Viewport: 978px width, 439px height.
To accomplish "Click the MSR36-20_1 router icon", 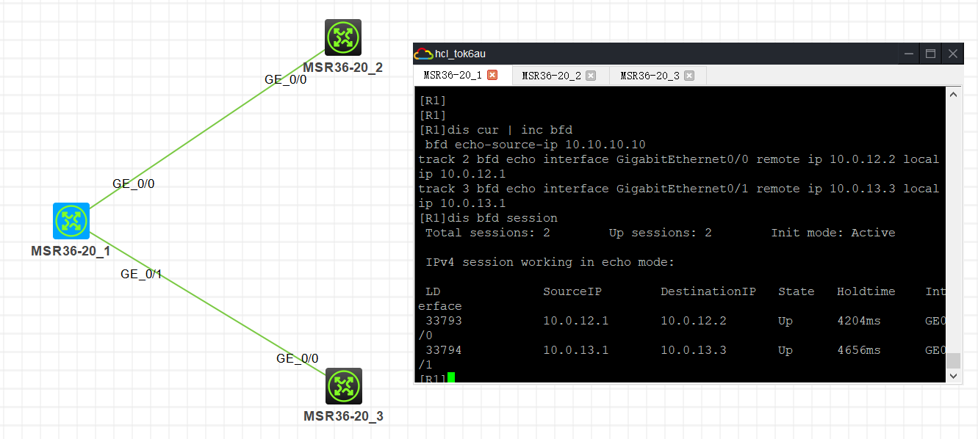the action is [71, 221].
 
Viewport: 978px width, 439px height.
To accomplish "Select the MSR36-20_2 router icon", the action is [343, 37].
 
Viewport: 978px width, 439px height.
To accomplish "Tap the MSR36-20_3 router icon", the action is [344, 385].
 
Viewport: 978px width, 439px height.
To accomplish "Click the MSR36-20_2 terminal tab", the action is [551, 76].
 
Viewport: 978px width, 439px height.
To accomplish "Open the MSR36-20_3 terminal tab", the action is [650, 76].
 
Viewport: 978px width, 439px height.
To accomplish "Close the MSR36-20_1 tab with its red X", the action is [492, 75].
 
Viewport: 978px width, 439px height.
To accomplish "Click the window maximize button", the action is [930, 54].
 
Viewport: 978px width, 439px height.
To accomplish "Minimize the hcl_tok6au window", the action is [909, 54].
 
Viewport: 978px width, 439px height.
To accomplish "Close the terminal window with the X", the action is [953, 54].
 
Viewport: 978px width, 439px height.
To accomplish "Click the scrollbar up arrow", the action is [953, 95].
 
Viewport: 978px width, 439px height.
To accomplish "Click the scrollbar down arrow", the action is [953, 376].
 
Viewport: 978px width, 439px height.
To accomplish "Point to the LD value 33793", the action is [444, 321].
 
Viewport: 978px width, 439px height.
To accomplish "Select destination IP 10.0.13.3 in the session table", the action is [694, 350].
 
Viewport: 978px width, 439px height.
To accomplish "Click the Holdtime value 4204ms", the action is [859, 321].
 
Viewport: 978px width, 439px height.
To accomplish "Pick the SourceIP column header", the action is [572, 291].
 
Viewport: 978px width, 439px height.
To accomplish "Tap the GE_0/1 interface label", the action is [141, 274].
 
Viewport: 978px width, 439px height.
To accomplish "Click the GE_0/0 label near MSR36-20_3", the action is [298, 358].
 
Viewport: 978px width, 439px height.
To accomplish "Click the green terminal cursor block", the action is [451, 377].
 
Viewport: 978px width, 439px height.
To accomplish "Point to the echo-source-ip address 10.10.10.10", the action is [605, 145].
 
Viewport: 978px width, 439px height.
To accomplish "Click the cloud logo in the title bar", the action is [423, 54].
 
